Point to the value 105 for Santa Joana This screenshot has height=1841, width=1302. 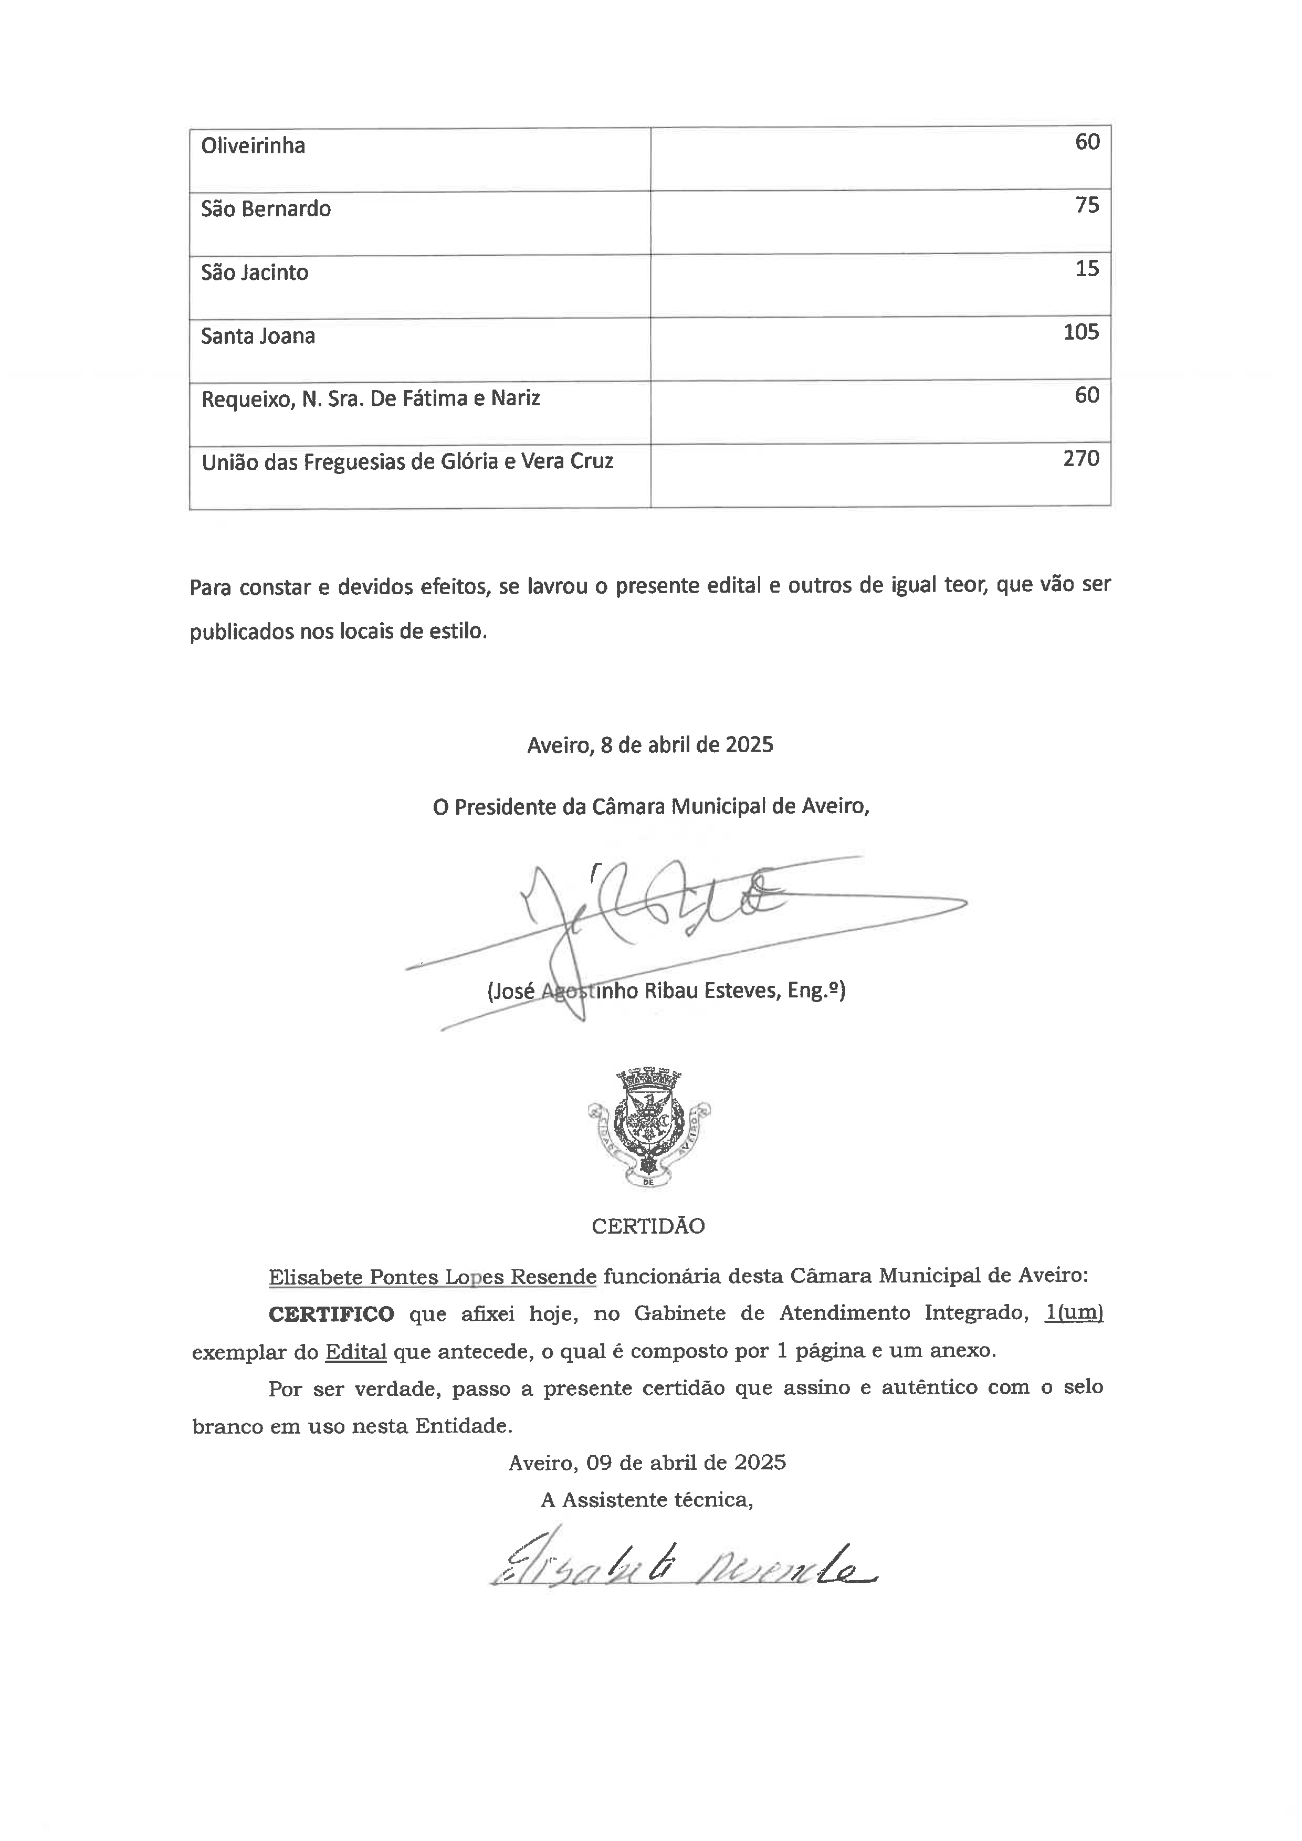[1081, 333]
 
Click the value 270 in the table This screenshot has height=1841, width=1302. [1081, 459]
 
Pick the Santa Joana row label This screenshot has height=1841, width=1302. [257, 336]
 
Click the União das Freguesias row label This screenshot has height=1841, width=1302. [407, 462]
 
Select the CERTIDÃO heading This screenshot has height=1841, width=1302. [648, 1226]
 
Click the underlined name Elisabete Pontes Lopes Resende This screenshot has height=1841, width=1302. [432, 1277]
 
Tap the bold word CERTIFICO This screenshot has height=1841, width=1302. [331, 1314]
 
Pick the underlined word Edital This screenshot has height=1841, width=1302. [356, 1352]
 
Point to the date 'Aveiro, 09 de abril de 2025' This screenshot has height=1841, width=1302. [647, 1463]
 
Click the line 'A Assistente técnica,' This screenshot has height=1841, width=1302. [646, 1500]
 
